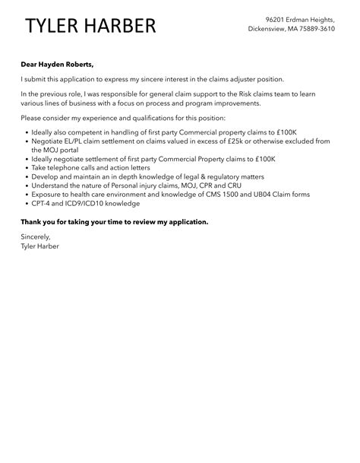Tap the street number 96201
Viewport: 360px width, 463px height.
click(277, 18)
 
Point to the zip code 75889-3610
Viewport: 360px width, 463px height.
click(316, 29)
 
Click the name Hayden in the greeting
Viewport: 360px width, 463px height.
click(55, 65)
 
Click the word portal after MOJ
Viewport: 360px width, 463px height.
click(68, 150)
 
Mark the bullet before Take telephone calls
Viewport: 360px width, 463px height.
click(27, 168)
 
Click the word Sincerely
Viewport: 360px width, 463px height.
click(38, 237)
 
